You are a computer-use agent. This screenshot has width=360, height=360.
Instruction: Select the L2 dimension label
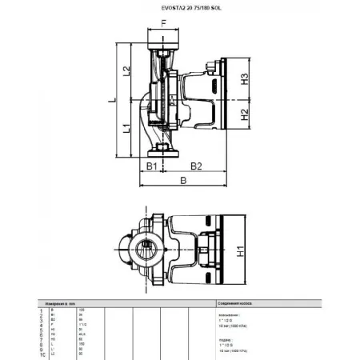pos(126,71)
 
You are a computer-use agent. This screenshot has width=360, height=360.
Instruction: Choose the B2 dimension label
pos(194,166)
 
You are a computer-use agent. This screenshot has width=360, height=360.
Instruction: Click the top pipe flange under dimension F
pos(165,44)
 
